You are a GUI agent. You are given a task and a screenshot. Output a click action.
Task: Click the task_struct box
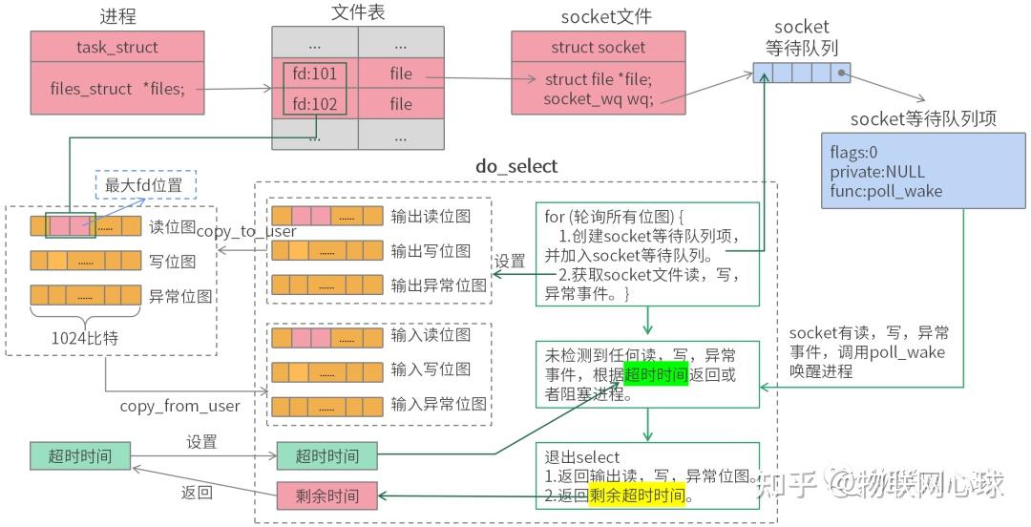click(116, 47)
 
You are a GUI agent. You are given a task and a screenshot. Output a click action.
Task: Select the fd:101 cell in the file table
click(315, 73)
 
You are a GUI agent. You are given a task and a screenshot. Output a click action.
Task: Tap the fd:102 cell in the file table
click(315, 104)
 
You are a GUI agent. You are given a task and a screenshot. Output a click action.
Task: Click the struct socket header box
click(598, 47)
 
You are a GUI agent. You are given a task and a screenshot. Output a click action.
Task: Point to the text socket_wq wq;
click(599, 98)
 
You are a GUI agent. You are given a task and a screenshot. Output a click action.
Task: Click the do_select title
click(516, 166)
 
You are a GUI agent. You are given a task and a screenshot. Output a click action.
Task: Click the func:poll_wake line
click(885, 191)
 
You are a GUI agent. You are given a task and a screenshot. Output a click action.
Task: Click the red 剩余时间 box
click(326, 495)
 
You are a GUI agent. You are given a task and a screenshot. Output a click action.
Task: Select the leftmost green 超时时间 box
click(79, 456)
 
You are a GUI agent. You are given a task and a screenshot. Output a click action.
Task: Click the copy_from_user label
click(179, 407)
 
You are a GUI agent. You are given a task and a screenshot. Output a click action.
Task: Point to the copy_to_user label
click(246, 232)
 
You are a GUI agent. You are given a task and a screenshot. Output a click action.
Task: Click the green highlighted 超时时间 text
click(656, 375)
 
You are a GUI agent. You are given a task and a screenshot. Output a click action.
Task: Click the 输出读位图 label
click(431, 217)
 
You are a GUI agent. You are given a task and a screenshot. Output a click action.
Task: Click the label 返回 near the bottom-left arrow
click(197, 494)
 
